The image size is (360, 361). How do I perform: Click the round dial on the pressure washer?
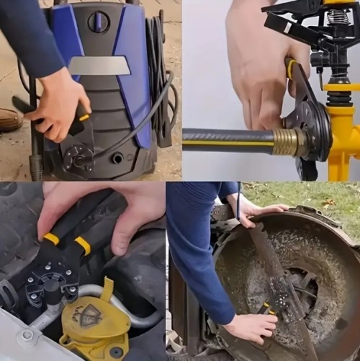(98, 22)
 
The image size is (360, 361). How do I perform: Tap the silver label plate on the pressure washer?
(99, 66)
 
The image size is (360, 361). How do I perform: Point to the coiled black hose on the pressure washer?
(160, 72)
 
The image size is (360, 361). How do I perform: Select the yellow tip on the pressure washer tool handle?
(84, 117)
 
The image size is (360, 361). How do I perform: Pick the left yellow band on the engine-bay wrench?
(51, 239)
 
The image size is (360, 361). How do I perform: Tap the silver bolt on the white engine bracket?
(26, 335)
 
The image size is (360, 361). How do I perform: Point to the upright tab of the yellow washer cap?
(107, 289)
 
